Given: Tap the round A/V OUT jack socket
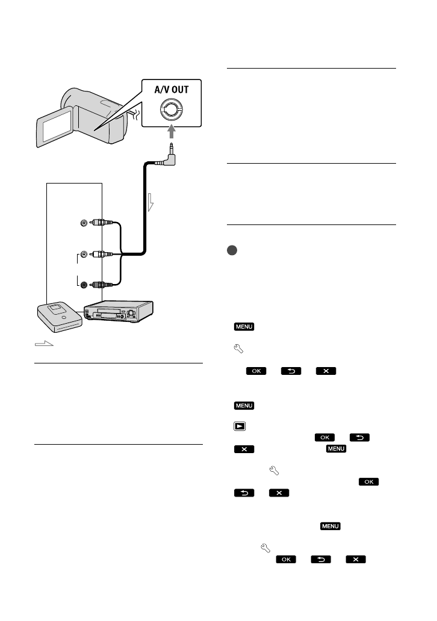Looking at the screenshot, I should pos(172,111).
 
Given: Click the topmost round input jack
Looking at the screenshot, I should pos(83,223).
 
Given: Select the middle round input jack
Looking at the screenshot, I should pos(83,254).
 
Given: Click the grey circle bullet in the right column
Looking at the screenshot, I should pos(232,250).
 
